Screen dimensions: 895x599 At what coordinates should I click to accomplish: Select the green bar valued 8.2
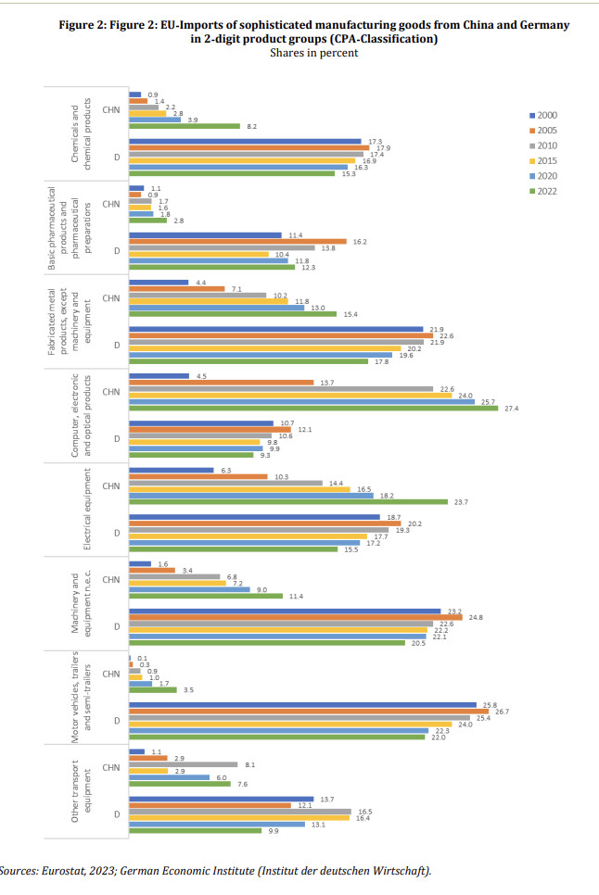tap(185, 126)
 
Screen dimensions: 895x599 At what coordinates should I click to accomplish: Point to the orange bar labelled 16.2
tap(237, 241)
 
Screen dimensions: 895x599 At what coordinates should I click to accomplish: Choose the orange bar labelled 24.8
tap(295, 617)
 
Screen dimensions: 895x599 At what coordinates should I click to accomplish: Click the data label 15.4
tap(350, 314)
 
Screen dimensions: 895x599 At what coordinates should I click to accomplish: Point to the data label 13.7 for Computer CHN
tap(326, 382)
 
